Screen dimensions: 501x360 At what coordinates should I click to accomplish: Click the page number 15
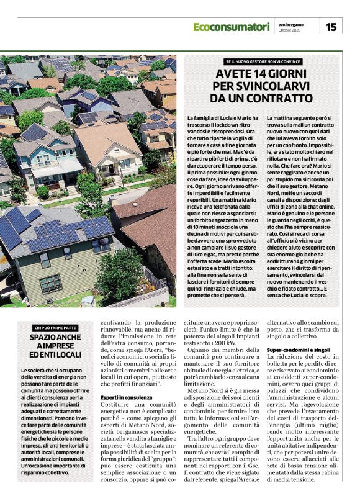point(331,26)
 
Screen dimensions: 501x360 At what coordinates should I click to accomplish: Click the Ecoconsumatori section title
point(231,27)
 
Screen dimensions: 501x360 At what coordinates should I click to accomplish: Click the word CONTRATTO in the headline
point(277,98)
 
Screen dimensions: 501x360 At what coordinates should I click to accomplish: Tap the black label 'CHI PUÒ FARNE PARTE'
point(55,327)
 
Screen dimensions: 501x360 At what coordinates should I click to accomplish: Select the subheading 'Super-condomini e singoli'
point(299,350)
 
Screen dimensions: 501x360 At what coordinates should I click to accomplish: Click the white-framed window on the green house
point(50,283)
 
